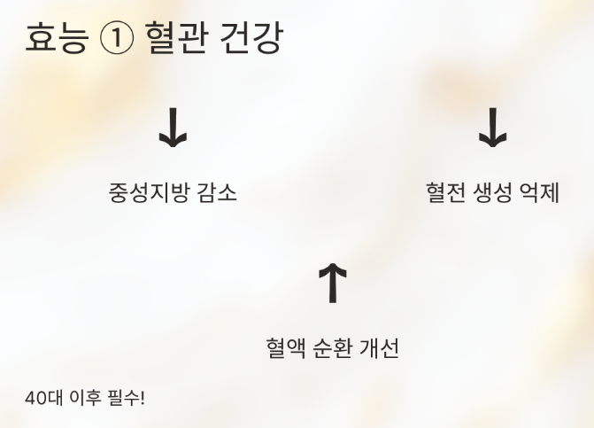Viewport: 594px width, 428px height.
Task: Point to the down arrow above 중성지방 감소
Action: point(173,130)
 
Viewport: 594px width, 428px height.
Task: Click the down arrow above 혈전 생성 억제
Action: point(492,130)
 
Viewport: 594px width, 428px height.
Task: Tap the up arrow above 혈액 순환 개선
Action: point(332,283)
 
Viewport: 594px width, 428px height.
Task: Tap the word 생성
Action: point(492,192)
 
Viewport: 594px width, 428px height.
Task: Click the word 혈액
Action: point(286,347)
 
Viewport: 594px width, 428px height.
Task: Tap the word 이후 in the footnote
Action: point(84,398)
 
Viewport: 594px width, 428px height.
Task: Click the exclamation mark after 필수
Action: point(142,398)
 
